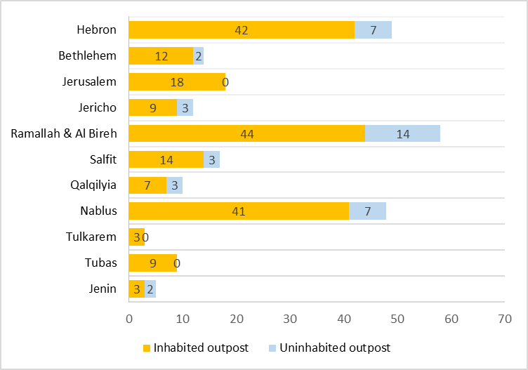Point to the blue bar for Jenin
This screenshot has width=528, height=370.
tap(150, 289)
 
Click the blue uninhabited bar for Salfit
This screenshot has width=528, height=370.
tap(211, 159)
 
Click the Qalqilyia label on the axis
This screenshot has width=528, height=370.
tap(93, 185)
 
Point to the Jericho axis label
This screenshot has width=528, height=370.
tap(98, 107)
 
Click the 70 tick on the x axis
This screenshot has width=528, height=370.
tap(504, 319)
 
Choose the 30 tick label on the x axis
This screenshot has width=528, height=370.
tap(290, 319)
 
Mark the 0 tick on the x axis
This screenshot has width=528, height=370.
tap(129, 319)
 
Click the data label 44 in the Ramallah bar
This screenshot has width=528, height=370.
tap(246, 134)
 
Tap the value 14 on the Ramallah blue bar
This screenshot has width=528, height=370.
tap(402, 134)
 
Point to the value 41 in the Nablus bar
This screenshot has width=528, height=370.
tap(239, 211)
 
